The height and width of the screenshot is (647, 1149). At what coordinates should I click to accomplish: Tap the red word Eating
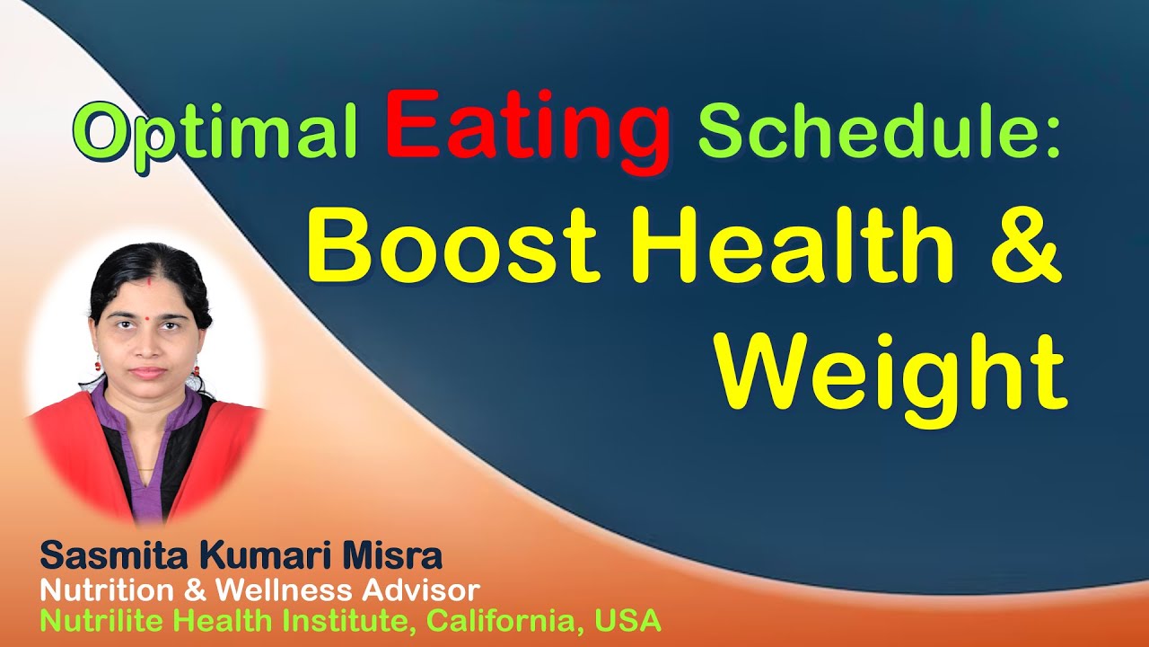528,126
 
